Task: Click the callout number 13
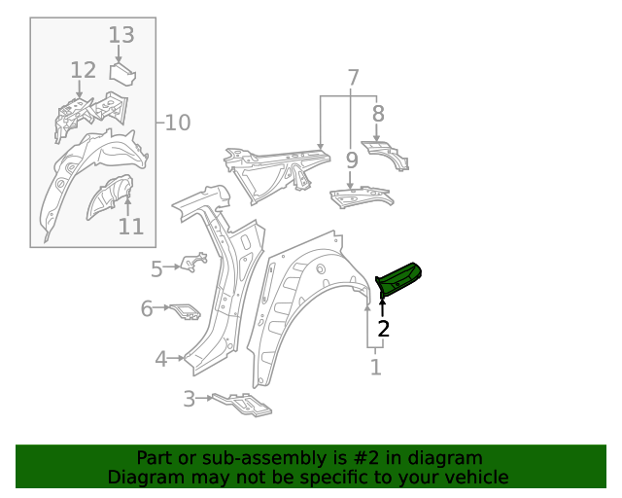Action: pos(121,35)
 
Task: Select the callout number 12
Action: pos(84,70)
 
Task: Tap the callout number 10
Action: pos(177,123)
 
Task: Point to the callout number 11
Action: pos(131,227)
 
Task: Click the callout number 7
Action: pos(353,77)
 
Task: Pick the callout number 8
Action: pos(377,113)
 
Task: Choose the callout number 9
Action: pos(350,153)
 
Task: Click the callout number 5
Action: pos(156,268)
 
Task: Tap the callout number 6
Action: pos(147,308)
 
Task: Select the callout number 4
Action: pos(161,359)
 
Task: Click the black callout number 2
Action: pos(383,329)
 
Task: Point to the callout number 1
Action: pos(375,368)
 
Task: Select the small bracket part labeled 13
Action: pos(122,73)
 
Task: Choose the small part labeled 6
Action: pos(186,311)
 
